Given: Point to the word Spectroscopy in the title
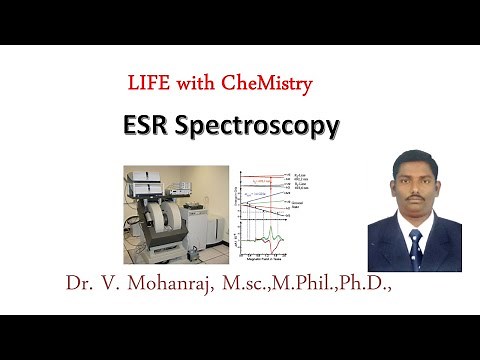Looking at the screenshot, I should tap(270, 127).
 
